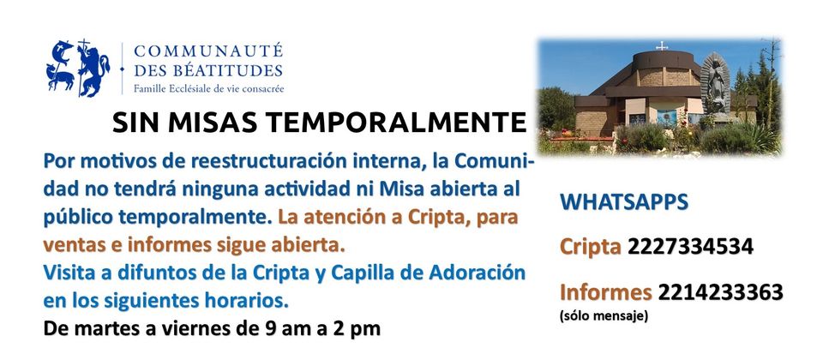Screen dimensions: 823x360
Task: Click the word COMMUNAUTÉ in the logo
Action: point(208,51)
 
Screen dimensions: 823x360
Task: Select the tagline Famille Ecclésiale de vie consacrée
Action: point(208,88)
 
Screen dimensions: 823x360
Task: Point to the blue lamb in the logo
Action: point(60,77)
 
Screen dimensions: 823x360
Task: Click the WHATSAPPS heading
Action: point(624,202)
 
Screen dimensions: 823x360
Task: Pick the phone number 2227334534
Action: point(691,246)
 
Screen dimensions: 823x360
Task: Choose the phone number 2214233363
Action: point(721,291)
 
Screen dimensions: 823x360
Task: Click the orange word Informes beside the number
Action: point(606,291)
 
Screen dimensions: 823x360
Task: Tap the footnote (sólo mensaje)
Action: point(604,316)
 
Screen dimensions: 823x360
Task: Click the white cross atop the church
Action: point(662,45)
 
